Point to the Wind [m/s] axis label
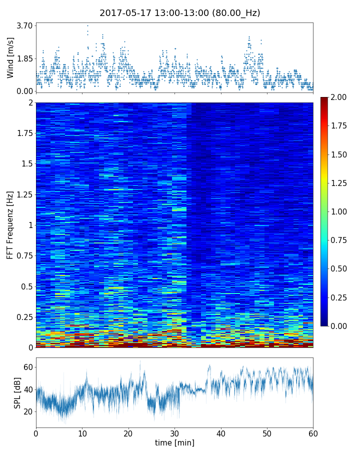(x=10, y=57)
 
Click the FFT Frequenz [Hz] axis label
(x=10, y=225)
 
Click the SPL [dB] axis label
(x=17, y=392)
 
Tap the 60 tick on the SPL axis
(x=27, y=367)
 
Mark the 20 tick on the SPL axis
(x=27, y=411)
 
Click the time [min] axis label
(x=174, y=442)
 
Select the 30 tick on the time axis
(x=174, y=432)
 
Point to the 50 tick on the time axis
(x=267, y=432)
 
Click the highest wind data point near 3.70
(x=87, y=25)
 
